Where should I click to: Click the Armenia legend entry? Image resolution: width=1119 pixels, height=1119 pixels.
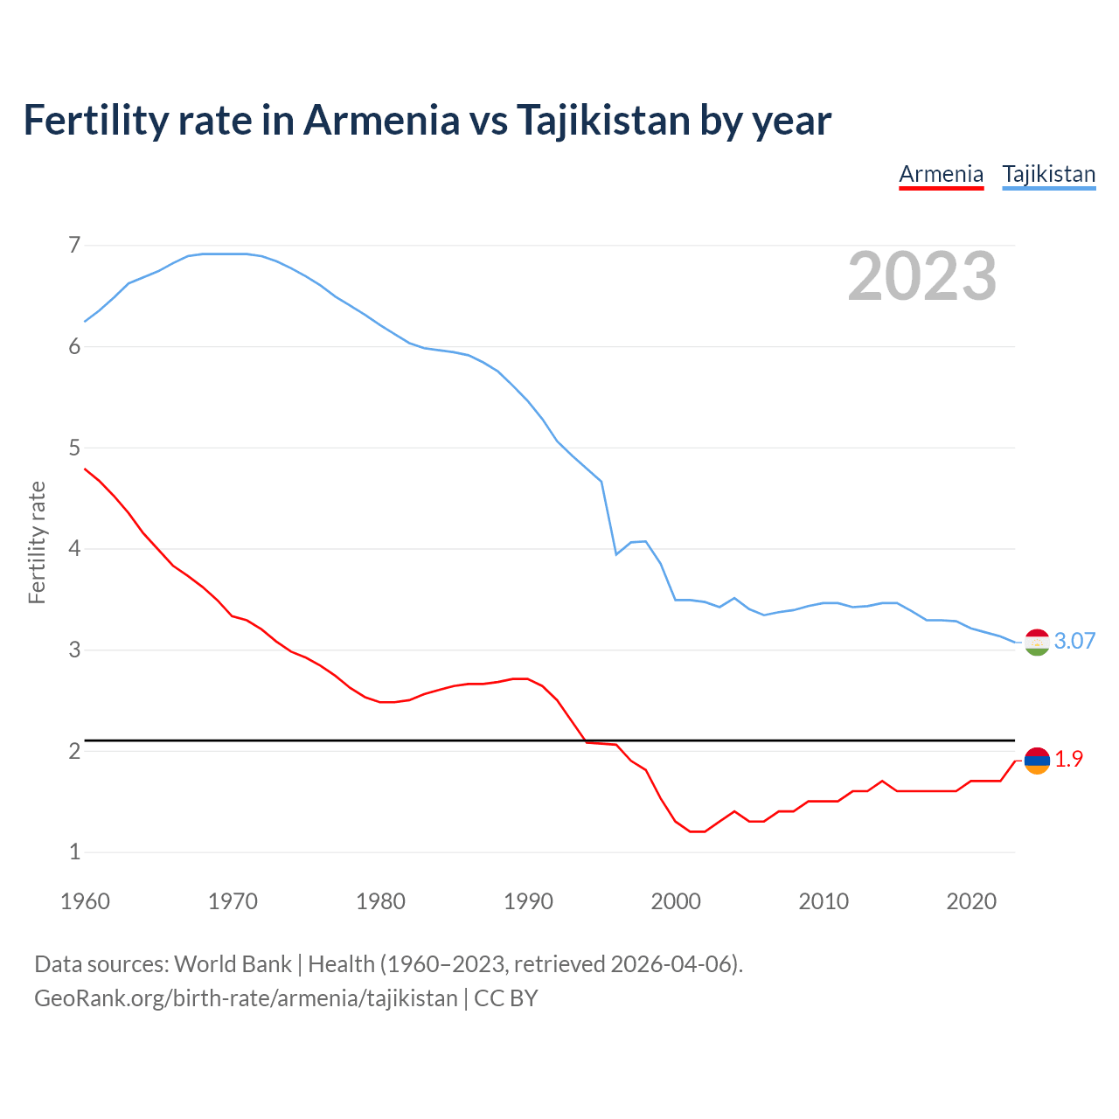941,174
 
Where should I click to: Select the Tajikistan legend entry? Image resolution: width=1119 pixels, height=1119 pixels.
1048,174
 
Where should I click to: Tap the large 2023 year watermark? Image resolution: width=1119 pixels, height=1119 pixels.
921,277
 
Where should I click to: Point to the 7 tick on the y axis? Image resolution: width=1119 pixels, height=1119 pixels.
74,246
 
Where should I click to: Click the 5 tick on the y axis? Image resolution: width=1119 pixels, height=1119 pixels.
74,448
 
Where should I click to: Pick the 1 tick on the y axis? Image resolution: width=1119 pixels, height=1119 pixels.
74,852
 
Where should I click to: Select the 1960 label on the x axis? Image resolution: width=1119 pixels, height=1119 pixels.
85,901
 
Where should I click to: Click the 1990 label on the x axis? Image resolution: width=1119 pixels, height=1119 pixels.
528,901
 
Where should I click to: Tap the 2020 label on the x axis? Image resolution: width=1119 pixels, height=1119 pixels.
971,901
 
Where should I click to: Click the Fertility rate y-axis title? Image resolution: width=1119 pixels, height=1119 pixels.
37,542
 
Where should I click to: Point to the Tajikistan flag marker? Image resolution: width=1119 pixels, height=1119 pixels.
1036,642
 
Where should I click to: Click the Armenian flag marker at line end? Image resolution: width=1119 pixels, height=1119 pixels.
1036,761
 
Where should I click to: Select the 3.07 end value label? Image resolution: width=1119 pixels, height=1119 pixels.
1074,641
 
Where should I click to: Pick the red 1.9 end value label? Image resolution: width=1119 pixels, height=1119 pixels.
1068,760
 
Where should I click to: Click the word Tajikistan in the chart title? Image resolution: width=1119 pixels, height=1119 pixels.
603,120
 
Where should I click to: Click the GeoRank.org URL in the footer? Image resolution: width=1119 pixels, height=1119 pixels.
246,997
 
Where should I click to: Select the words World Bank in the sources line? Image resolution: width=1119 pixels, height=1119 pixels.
233,964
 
